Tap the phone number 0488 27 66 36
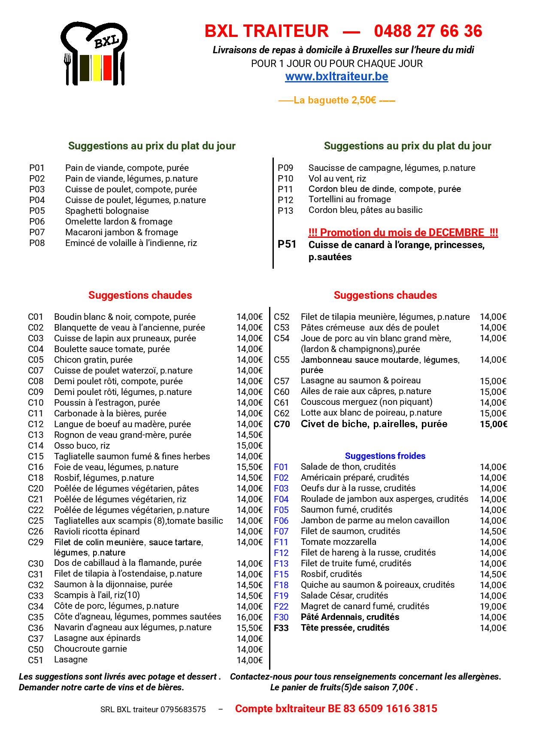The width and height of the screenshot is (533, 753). click(428, 31)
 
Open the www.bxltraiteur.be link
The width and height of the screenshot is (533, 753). click(336, 76)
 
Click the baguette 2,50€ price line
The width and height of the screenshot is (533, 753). click(336, 100)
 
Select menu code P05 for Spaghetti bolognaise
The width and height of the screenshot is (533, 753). click(37, 211)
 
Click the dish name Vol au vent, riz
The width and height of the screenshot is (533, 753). click(337, 179)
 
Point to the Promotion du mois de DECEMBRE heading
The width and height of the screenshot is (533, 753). click(403, 233)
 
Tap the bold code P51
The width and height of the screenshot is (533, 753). click(287, 244)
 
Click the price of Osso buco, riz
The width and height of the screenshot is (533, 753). click(249, 446)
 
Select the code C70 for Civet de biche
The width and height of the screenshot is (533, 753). click(282, 424)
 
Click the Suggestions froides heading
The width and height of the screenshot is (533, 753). click(385, 456)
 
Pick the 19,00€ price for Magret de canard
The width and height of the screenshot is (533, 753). click(493, 607)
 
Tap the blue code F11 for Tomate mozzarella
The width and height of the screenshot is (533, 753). click(281, 542)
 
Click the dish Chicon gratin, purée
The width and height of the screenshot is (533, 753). click(93, 360)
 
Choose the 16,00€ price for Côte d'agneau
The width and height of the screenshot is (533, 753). click(249, 617)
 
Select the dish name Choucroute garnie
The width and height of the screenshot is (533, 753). click(90, 649)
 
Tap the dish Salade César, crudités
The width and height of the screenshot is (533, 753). click(344, 595)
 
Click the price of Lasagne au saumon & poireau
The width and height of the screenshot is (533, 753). click(493, 381)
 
